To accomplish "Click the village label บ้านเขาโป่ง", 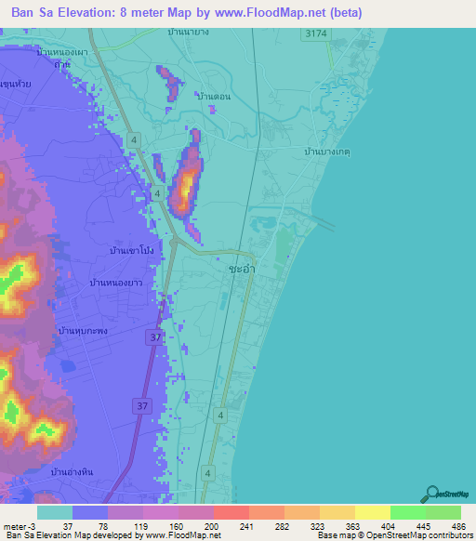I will coord(131,251).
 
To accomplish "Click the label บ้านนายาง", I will coord(188,32).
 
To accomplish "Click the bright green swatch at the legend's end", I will coord(443,512).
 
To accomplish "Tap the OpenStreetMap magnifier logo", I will coord(433,495).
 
